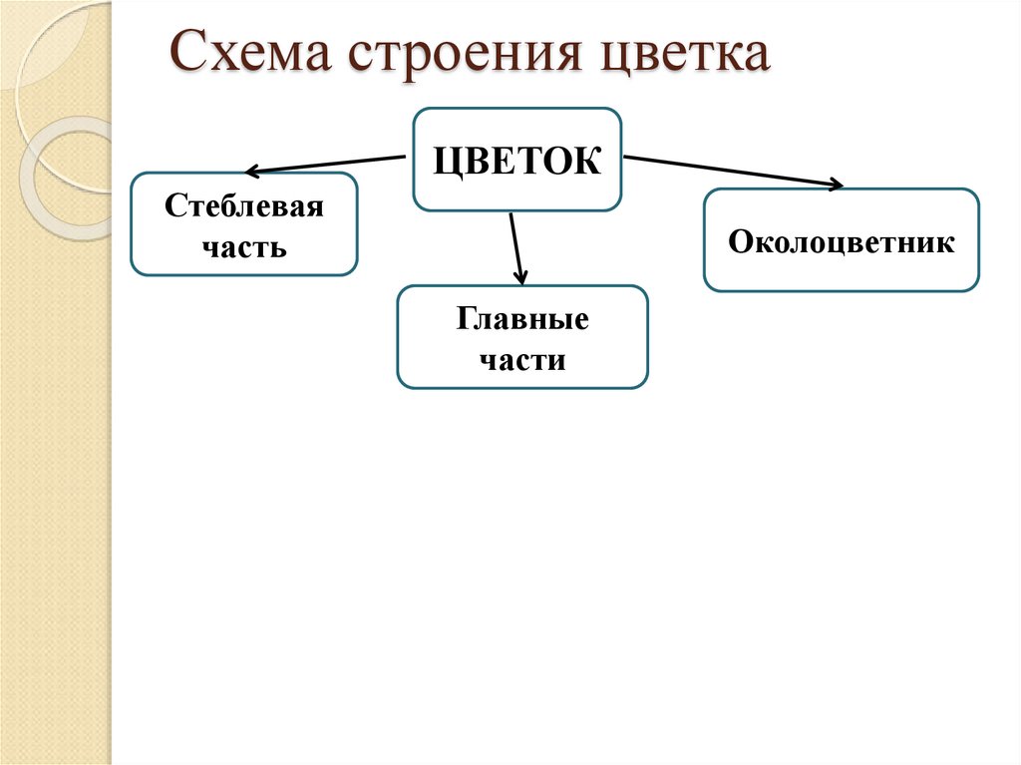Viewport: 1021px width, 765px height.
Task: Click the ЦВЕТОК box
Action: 516,160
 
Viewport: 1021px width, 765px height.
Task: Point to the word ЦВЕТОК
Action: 516,161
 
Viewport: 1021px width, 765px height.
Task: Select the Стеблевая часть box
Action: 243,223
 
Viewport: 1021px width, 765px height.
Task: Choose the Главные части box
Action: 522,337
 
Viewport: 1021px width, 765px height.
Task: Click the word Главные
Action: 522,320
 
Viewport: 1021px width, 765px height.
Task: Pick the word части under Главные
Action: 522,359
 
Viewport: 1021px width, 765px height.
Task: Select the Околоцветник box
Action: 841,240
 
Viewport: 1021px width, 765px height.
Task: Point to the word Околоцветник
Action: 841,241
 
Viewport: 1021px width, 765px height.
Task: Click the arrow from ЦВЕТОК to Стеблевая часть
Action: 329,165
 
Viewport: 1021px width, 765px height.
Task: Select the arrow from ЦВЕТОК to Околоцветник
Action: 733,171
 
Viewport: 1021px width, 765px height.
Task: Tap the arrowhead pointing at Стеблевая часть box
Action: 252,172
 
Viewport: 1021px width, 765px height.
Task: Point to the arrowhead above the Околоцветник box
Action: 835,184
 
